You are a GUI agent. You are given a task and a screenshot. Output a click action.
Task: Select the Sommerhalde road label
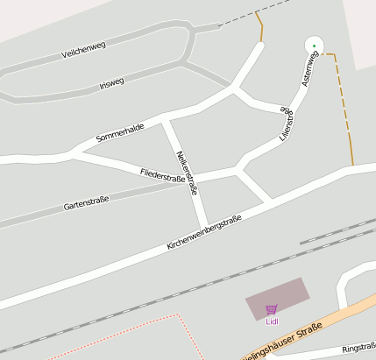[120, 132]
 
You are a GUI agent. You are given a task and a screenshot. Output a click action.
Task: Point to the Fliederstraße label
[163, 177]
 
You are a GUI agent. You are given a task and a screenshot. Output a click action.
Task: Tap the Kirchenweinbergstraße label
[203, 234]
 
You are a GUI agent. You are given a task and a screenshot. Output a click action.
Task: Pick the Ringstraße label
[358, 348]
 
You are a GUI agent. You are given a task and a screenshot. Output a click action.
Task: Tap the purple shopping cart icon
[271, 309]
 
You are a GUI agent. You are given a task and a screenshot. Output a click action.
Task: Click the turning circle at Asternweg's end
[313, 45]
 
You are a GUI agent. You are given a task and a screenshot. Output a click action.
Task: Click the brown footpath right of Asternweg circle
[343, 105]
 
